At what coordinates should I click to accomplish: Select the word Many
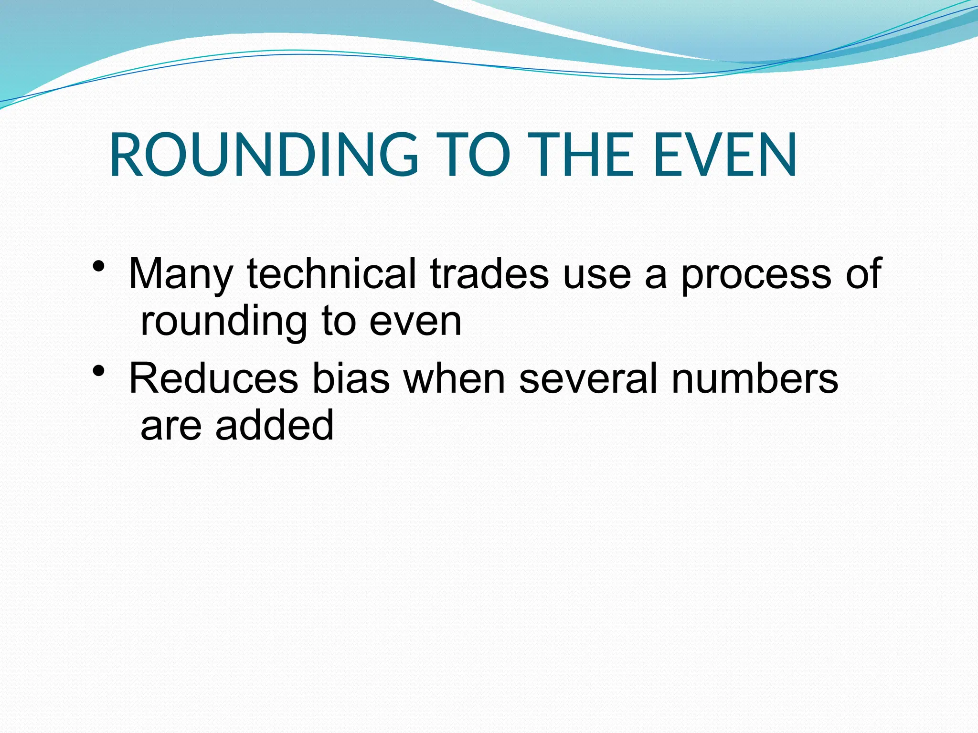tap(181, 275)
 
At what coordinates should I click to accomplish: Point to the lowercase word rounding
tap(224, 323)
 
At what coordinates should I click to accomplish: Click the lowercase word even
tap(415, 323)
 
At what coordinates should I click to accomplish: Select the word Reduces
tap(213, 378)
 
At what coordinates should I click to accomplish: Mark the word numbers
tap(755, 378)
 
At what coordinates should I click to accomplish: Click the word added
tap(275, 425)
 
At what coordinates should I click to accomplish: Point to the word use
tap(597, 275)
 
